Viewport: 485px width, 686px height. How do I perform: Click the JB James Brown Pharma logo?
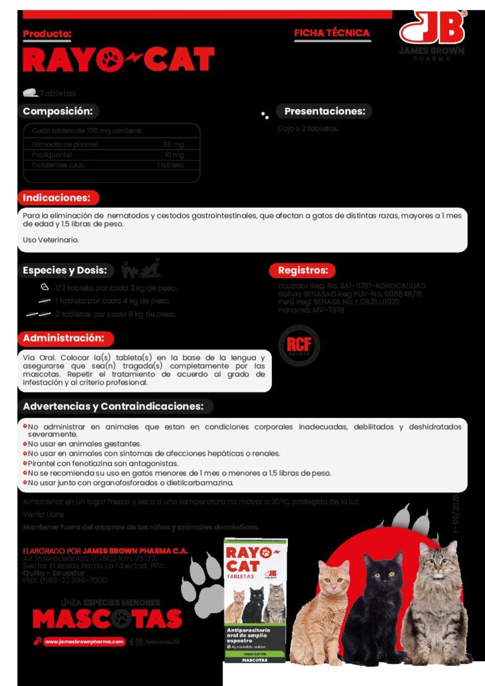(432, 33)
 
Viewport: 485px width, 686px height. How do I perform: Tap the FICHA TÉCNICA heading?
(332, 33)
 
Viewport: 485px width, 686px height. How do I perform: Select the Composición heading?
(58, 112)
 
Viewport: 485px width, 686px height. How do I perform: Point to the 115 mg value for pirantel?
(174, 144)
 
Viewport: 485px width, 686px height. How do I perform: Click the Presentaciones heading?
(324, 111)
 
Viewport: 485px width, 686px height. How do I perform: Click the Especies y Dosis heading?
(65, 270)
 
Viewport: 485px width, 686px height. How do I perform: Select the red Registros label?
(302, 271)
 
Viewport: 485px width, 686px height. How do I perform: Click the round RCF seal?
(299, 345)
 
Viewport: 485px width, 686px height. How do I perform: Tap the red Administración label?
(64, 338)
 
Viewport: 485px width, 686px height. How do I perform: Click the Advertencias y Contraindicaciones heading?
(113, 406)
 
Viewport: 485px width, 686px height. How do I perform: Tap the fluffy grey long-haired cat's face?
(436, 563)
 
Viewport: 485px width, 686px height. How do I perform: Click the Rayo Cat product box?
(255, 600)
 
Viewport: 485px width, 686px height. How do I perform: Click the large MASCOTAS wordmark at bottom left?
(107, 618)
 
